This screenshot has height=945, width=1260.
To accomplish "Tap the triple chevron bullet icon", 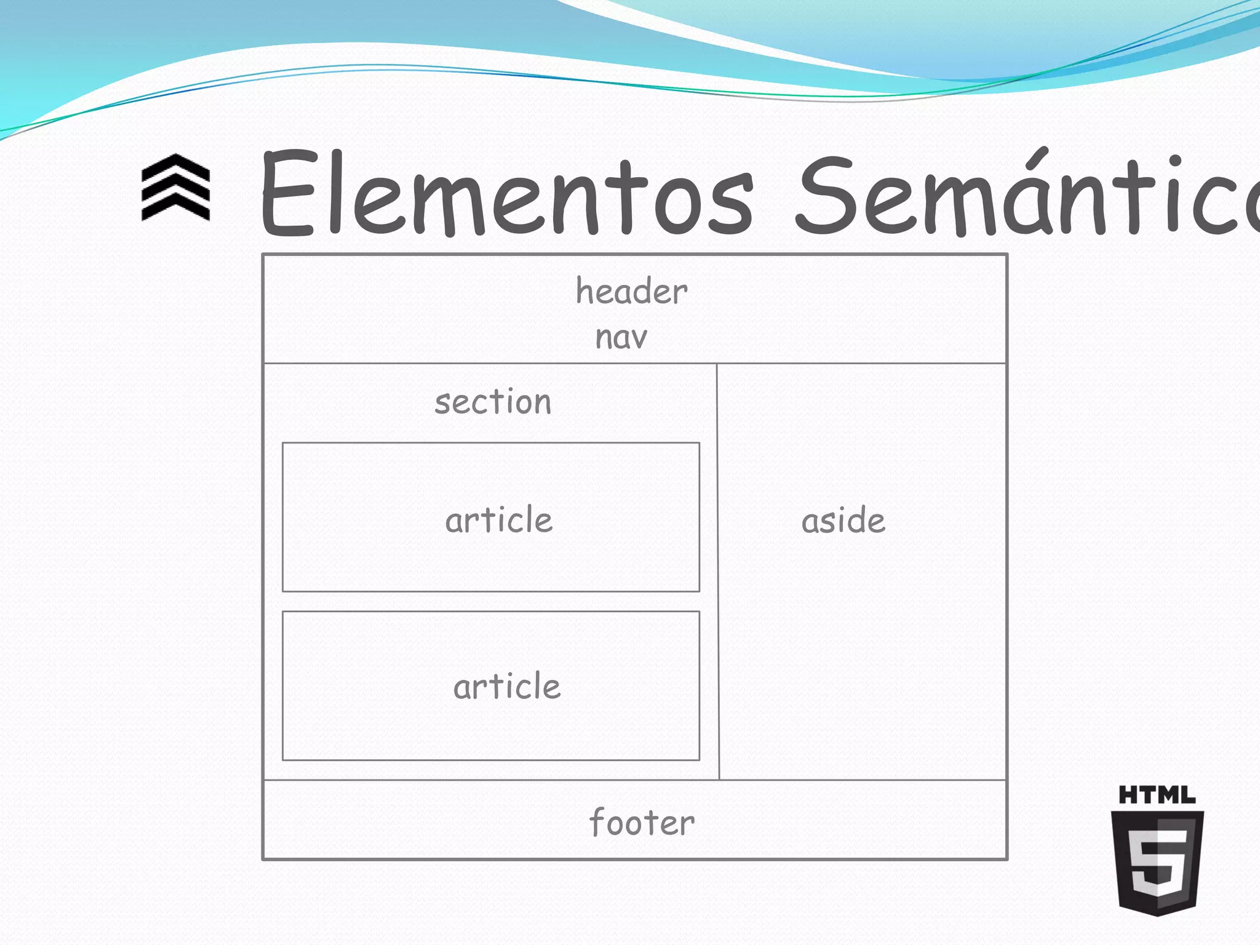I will click(176, 187).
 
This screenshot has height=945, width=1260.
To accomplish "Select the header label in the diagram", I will click(631, 291).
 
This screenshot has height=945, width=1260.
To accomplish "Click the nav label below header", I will click(621, 338).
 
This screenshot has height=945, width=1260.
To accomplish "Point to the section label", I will click(493, 402).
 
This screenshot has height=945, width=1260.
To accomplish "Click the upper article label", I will click(499, 520).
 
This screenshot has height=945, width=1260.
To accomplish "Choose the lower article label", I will click(507, 687).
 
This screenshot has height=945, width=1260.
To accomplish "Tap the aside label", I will click(843, 521).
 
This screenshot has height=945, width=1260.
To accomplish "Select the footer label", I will click(642, 822).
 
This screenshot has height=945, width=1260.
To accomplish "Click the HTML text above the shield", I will click(1157, 795).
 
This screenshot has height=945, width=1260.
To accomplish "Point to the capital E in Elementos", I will click(287, 193).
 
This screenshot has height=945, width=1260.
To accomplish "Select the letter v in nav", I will click(639, 339).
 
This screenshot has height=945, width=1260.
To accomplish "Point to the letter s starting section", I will click(442, 404).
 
